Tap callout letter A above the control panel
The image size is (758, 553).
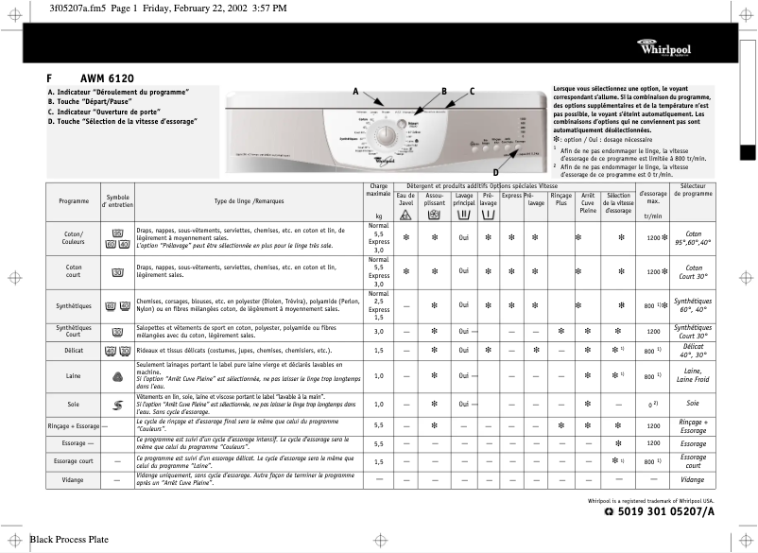[355, 91]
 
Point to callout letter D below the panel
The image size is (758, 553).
[494, 171]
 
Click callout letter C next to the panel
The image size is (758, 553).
[472, 91]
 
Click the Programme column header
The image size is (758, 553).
[74, 200]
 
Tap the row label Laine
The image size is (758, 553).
[74, 376]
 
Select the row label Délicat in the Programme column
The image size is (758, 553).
[74, 351]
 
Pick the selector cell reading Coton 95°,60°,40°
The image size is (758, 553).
[693, 238]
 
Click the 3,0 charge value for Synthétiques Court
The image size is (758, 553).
[379, 332]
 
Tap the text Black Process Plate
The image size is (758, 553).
[69, 540]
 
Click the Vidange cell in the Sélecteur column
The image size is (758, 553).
[693, 479]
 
